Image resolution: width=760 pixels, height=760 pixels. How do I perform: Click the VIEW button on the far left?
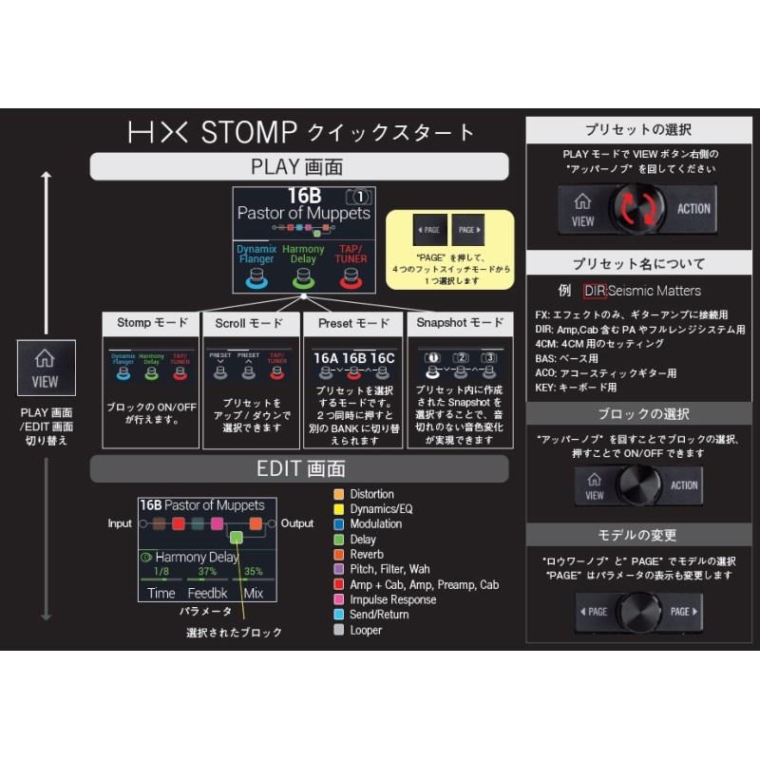coord(45,368)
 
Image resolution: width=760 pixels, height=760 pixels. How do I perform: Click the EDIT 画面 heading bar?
coord(298,468)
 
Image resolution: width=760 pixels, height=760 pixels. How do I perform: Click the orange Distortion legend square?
coord(339,494)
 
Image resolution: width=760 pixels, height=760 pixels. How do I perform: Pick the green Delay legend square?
coord(339,540)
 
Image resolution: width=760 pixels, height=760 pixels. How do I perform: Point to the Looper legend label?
coord(366,630)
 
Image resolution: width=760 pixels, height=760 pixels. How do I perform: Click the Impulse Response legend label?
coord(393,599)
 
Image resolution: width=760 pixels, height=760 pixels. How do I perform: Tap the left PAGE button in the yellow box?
coord(428,230)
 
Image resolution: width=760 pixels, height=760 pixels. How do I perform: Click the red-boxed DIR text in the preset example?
coord(595,291)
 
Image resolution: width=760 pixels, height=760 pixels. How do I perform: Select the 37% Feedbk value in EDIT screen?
coord(206,572)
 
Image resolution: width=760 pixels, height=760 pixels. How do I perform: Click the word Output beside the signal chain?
coord(297,523)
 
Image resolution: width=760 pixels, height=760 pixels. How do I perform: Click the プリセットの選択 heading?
coord(637,129)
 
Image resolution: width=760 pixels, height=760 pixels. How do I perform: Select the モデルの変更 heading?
coord(637,535)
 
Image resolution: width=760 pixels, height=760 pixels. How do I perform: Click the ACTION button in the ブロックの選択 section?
coord(683,485)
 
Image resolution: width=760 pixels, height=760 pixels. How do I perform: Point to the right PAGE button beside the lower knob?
coord(683,612)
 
